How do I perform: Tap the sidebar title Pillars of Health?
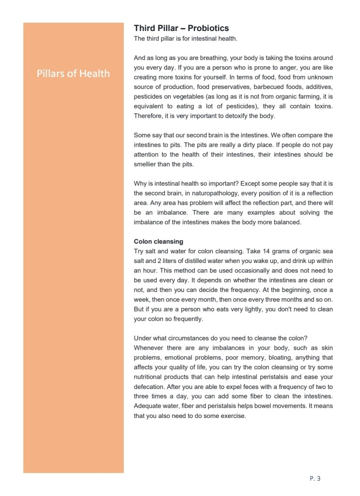pyautogui.click(x=73, y=74)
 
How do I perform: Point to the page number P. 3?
pyautogui.click(x=315, y=479)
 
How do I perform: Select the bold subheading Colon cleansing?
pyautogui.click(x=158, y=241)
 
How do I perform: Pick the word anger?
pyautogui.click(x=274, y=67)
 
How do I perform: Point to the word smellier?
pyautogui.click(x=147, y=164)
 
